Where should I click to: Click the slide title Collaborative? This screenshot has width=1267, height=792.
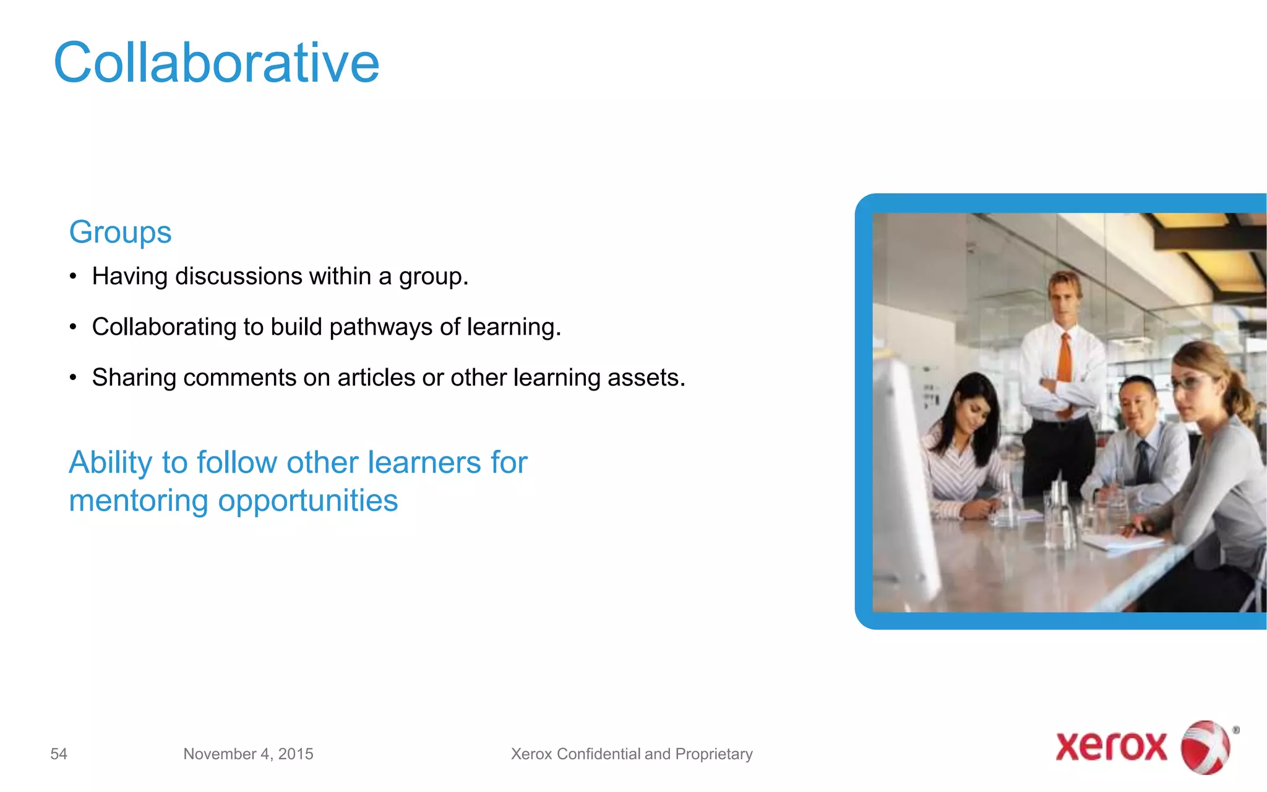pyautogui.click(x=216, y=62)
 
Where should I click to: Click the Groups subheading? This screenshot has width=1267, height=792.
pyautogui.click(x=120, y=232)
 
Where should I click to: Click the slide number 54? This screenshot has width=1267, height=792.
pyautogui.click(x=59, y=754)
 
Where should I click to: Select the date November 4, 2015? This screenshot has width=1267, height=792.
pyautogui.click(x=248, y=754)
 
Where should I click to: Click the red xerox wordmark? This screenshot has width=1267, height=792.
pyautogui.click(x=1111, y=746)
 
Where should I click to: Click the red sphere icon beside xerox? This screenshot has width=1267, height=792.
pyautogui.click(x=1205, y=747)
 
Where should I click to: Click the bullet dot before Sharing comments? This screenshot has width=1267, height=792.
pyautogui.click(x=73, y=377)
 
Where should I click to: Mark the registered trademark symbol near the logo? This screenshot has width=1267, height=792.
pyautogui.click(x=1235, y=730)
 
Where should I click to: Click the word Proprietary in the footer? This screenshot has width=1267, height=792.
pyautogui.click(x=714, y=754)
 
